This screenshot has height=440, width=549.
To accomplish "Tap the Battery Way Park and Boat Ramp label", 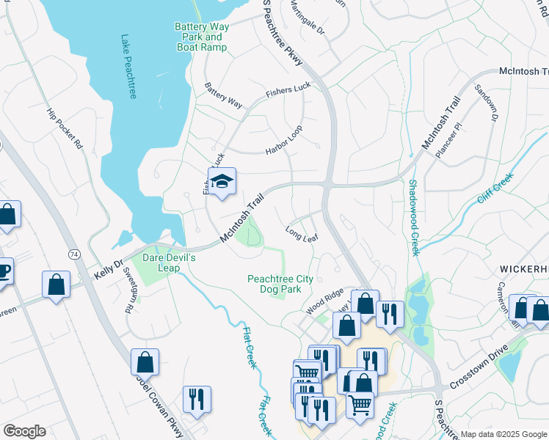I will [x=202, y=37].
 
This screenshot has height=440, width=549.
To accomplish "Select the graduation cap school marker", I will [x=221, y=181].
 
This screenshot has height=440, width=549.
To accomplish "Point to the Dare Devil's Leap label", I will [x=170, y=263].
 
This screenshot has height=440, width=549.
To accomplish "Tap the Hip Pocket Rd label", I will [x=65, y=129].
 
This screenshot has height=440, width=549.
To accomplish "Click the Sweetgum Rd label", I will [x=129, y=290].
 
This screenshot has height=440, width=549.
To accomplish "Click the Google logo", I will [x=24, y=431].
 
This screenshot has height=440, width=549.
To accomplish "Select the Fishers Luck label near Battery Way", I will [x=288, y=91].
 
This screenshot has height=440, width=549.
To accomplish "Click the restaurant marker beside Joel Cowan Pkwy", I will [x=197, y=400].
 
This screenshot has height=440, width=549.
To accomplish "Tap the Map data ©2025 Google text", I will [x=503, y=434].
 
